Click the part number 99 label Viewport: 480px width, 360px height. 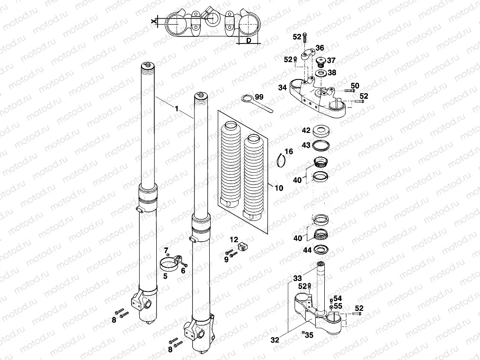point(259,97)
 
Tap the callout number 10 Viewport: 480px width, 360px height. point(279,188)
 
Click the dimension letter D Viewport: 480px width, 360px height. point(249,41)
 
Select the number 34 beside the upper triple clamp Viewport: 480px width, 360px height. point(283,88)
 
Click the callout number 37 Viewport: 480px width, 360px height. point(331,60)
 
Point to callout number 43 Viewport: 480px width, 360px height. point(306,144)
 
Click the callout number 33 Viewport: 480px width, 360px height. point(297,278)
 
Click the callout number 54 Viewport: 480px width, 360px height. point(337,298)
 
